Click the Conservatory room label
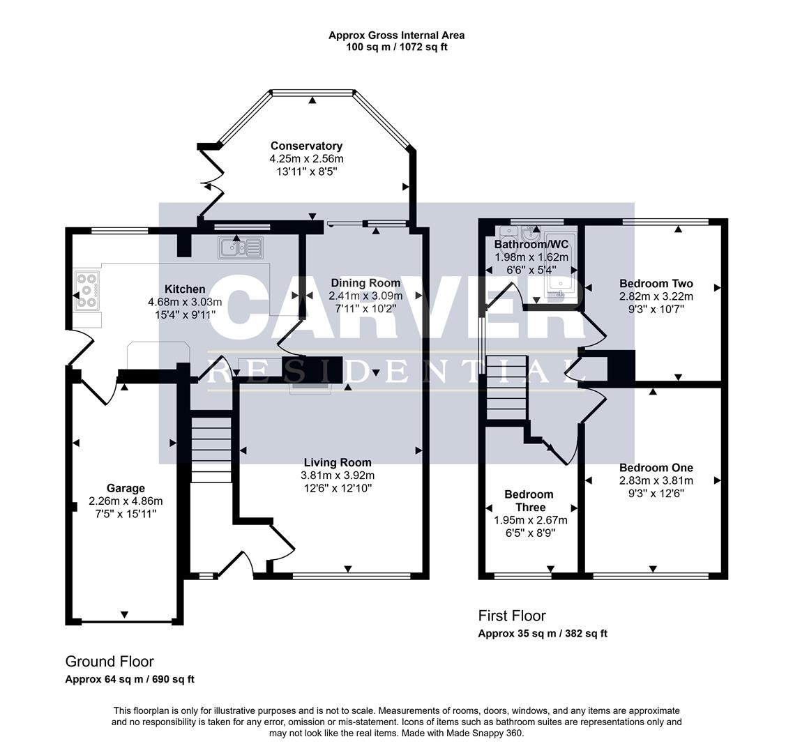tap(306, 146)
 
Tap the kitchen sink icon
tap(240, 246)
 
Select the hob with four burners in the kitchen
tap(86, 289)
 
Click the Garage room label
tap(126, 488)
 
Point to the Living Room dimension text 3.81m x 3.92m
tap(338, 476)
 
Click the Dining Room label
tap(365, 282)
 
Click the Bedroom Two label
tap(656, 283)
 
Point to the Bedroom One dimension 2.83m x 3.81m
tap(656, 480)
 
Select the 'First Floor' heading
tap(512, 616)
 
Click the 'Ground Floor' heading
tap(109, 662)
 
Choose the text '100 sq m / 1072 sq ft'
tap(396, 47)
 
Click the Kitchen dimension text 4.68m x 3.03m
tap(185, 302)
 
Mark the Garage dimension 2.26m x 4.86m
tap(126, 501)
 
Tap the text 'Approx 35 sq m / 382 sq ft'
tap(543, 634)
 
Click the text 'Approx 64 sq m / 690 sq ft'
tap(130, 679)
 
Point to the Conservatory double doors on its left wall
tap(211, 185)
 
